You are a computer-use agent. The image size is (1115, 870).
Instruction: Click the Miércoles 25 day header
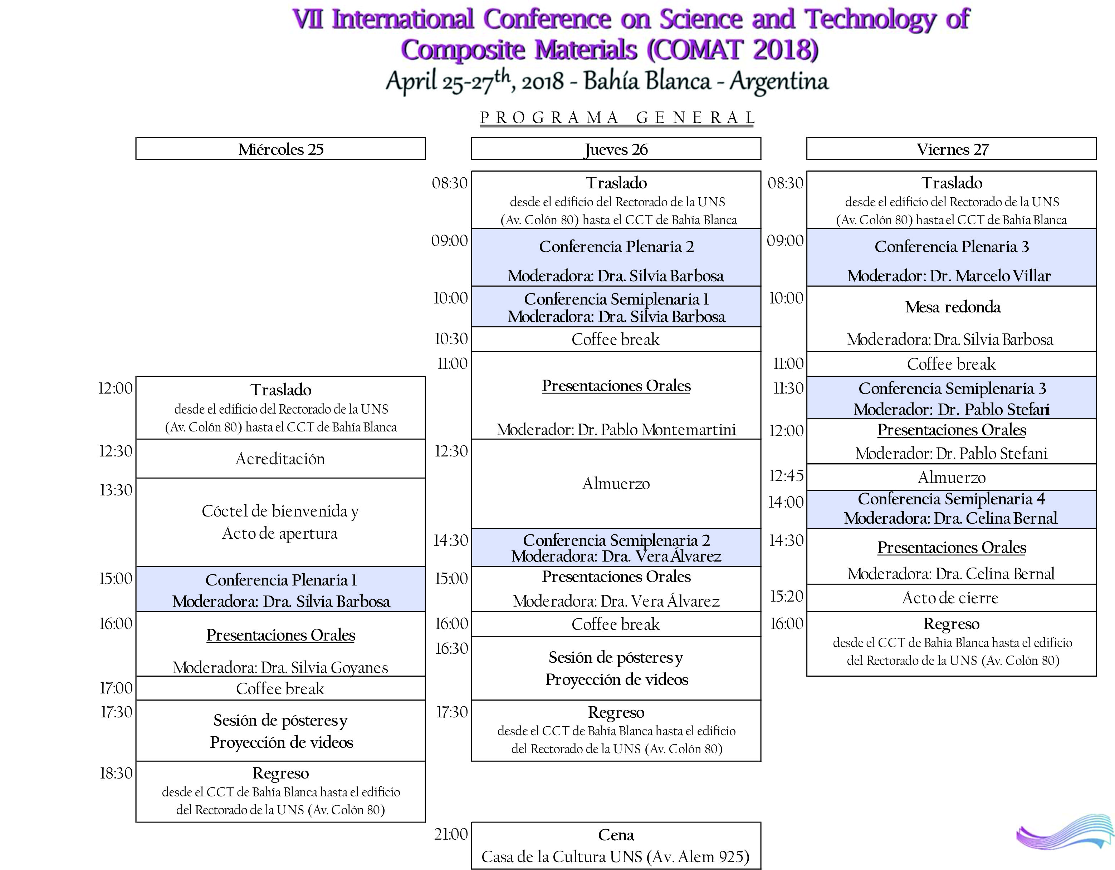tap(280, 149)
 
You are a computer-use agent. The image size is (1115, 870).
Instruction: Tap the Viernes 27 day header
tap(952, 149)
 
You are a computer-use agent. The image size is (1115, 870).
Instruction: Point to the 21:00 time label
tap(451, 834)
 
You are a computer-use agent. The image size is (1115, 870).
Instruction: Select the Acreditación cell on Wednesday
tap(280, 459)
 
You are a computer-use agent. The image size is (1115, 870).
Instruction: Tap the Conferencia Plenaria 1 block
tap(280, 589)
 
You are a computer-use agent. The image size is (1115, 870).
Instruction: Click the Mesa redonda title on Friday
tap(953, 307)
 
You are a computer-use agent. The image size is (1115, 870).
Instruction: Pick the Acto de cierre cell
tap(950, 598)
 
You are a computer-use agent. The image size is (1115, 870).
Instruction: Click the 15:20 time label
tap(786, 596)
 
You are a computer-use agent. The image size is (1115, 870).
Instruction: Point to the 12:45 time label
tap(786, 475)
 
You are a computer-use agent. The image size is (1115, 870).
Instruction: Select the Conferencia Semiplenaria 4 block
tap(951, 509)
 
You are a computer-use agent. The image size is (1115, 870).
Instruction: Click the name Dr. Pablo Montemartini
tap(657, 430)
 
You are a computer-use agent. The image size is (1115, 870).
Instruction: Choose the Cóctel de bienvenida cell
tap(280, 521)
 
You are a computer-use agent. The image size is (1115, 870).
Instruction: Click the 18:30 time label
tap(116, 773)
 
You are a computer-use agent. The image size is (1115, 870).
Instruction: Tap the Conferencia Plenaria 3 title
tap(952, 247)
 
